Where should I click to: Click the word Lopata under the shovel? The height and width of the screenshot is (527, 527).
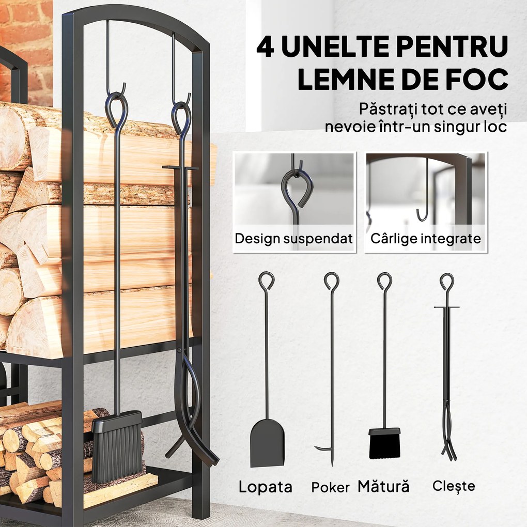pos(265,487)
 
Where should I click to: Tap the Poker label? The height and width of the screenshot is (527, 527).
pos(330,487)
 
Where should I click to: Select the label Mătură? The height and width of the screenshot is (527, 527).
pos(383,486)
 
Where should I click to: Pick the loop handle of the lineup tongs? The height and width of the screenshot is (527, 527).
pos(446,282)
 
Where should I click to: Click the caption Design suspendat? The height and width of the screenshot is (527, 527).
pos(293,239)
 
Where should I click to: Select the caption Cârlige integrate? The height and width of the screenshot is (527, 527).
pos(425,239)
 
